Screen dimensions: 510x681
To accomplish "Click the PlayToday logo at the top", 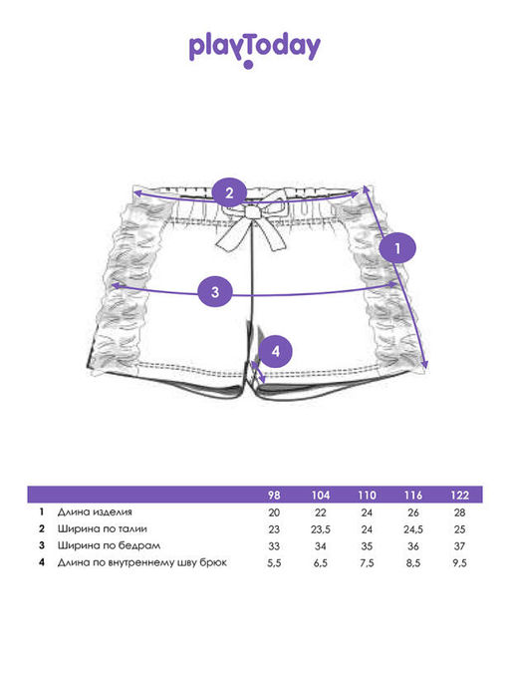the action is click(x=255, y=51).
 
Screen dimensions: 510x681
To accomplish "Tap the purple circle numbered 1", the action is click(x=397, y=248).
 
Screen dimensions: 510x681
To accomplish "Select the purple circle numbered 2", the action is click(x=229, y=192).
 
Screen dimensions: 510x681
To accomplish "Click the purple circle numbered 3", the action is click(x=215, y=292).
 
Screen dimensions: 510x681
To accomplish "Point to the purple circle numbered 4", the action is click(x=276, y=351).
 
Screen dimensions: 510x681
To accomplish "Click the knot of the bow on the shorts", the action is click(x=251, y=212).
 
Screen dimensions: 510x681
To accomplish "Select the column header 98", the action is click(x=274, y=496).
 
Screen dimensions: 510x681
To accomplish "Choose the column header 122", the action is click(x=459, y=496).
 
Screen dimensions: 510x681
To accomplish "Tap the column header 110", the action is click(x=367, y=496).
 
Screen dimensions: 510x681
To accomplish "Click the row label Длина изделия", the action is click(x=95, y=511).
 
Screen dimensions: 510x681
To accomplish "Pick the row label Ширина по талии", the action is click(x=103, y=528).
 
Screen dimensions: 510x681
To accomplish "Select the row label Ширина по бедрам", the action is click(x=109, y=545).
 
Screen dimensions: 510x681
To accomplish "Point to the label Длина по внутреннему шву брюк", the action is click(x=141, y=562).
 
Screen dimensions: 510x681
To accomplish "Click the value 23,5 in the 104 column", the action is click(x=321, y=529).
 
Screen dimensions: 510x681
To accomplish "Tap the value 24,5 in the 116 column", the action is click(x=413, y=529).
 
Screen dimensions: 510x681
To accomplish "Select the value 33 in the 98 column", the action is click(x=274, y=546).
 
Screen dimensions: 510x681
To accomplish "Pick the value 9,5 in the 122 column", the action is click(x=459, y=563).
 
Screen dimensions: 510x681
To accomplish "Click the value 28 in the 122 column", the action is click(x=459, y=512).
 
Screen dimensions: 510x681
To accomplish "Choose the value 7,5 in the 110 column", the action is click(x=367, y=563).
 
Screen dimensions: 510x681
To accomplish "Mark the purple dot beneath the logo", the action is click(x=248, y=65).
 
